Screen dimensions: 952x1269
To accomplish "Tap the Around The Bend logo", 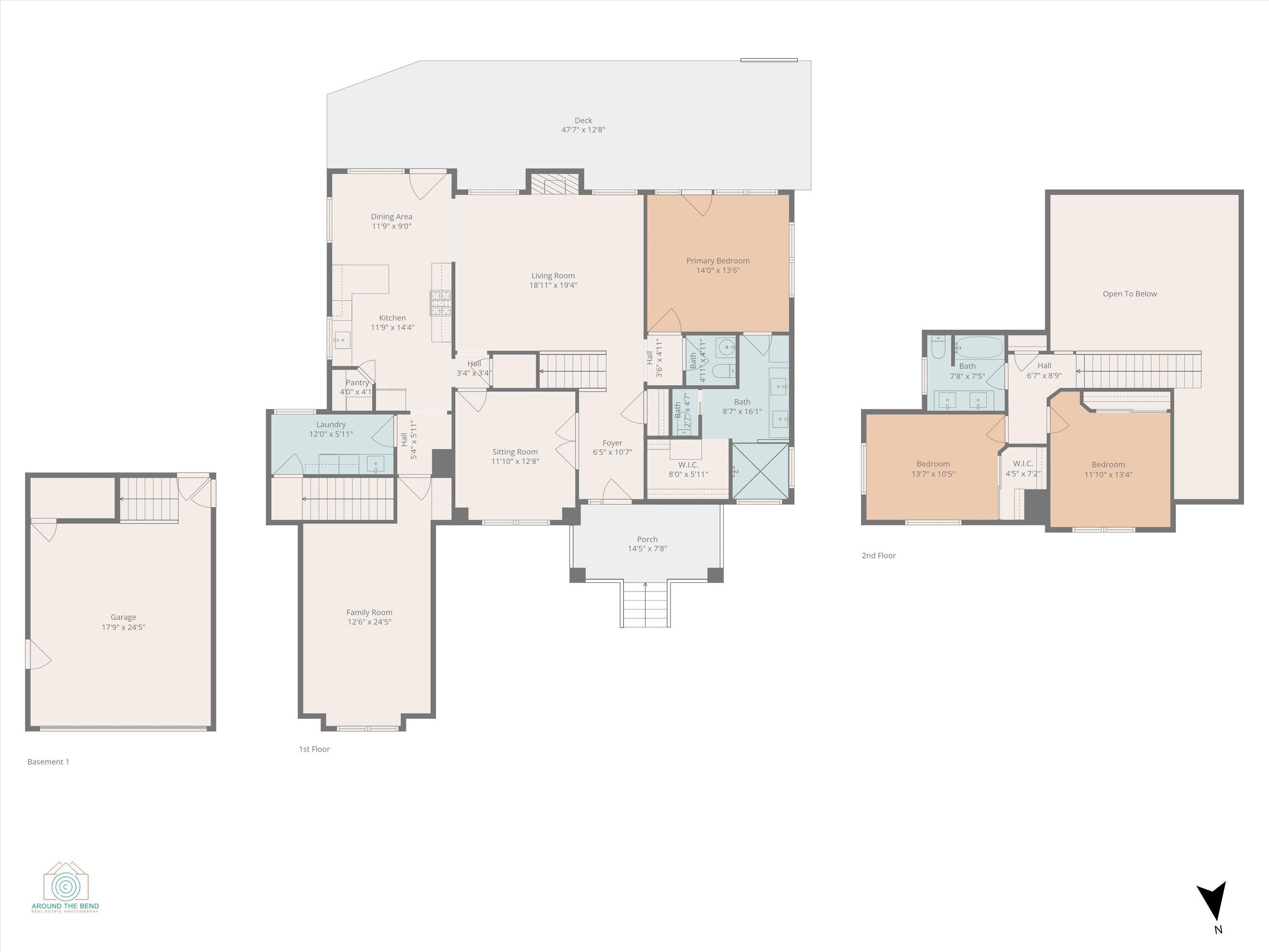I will (66, 886).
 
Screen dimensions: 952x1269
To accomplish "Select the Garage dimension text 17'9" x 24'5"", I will (124, 627).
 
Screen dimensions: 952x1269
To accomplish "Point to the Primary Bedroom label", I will (718, 261).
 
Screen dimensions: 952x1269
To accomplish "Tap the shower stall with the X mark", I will (761, 471).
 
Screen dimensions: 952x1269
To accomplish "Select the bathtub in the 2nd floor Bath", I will (978, 347).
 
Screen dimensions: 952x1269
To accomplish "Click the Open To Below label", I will (1129, 294).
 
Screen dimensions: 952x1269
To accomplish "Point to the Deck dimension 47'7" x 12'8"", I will (583, 130).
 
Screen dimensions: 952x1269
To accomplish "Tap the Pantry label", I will (357, 383).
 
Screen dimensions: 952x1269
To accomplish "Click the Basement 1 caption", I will (48, 762).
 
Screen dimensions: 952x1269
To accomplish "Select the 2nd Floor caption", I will (878, 556).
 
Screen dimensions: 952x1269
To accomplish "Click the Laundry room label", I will (331, 425).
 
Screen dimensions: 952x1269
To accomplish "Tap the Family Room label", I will (369, 612).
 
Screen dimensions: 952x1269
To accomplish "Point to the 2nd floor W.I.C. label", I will (1023, 464).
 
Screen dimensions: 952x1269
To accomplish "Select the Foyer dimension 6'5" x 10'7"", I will (612, 452).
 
